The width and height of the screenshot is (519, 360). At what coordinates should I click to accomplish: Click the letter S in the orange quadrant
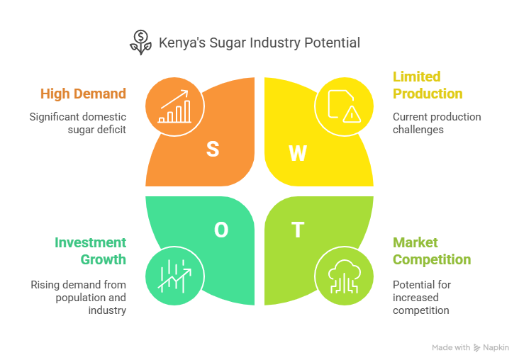tap(213, 149)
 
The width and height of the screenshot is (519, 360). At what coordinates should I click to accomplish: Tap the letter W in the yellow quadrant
tap(298, 153)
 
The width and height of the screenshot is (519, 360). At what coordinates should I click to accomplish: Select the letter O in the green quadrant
tap(221, 230)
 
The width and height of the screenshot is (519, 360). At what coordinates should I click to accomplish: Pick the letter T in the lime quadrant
tap(298, 230)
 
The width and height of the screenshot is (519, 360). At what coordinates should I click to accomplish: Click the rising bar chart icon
tap(174, 106)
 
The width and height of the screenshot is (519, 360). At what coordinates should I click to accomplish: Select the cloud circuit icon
tap(345, 276)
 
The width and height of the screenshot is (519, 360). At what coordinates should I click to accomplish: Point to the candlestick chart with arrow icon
tap(174, 276)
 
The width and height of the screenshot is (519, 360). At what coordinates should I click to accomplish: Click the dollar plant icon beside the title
tap(140, 43)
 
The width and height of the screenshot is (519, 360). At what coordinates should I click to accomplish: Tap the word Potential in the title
tap(332, 43)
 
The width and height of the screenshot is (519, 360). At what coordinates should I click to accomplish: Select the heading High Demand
tap(83, 94)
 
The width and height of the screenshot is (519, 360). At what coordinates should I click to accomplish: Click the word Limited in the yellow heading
tap(417, 77)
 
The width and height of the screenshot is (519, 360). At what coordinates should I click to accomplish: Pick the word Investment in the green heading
tap(90, 242)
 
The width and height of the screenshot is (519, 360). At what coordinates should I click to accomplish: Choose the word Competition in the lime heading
tap(432, 260)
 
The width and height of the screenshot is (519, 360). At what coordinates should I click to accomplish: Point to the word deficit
tap(111, 130)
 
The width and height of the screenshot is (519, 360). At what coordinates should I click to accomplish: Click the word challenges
tap(418, 130)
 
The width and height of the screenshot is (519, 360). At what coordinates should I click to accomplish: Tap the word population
tap(80, 298)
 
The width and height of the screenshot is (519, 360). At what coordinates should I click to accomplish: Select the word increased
tap(415, 298)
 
